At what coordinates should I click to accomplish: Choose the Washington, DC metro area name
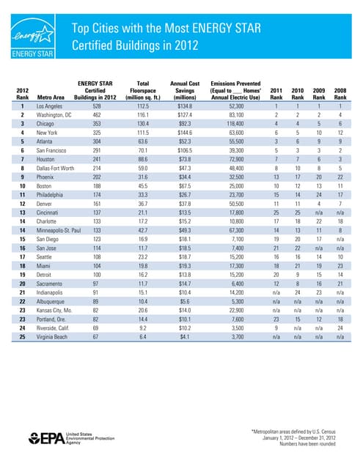(69, 116)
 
